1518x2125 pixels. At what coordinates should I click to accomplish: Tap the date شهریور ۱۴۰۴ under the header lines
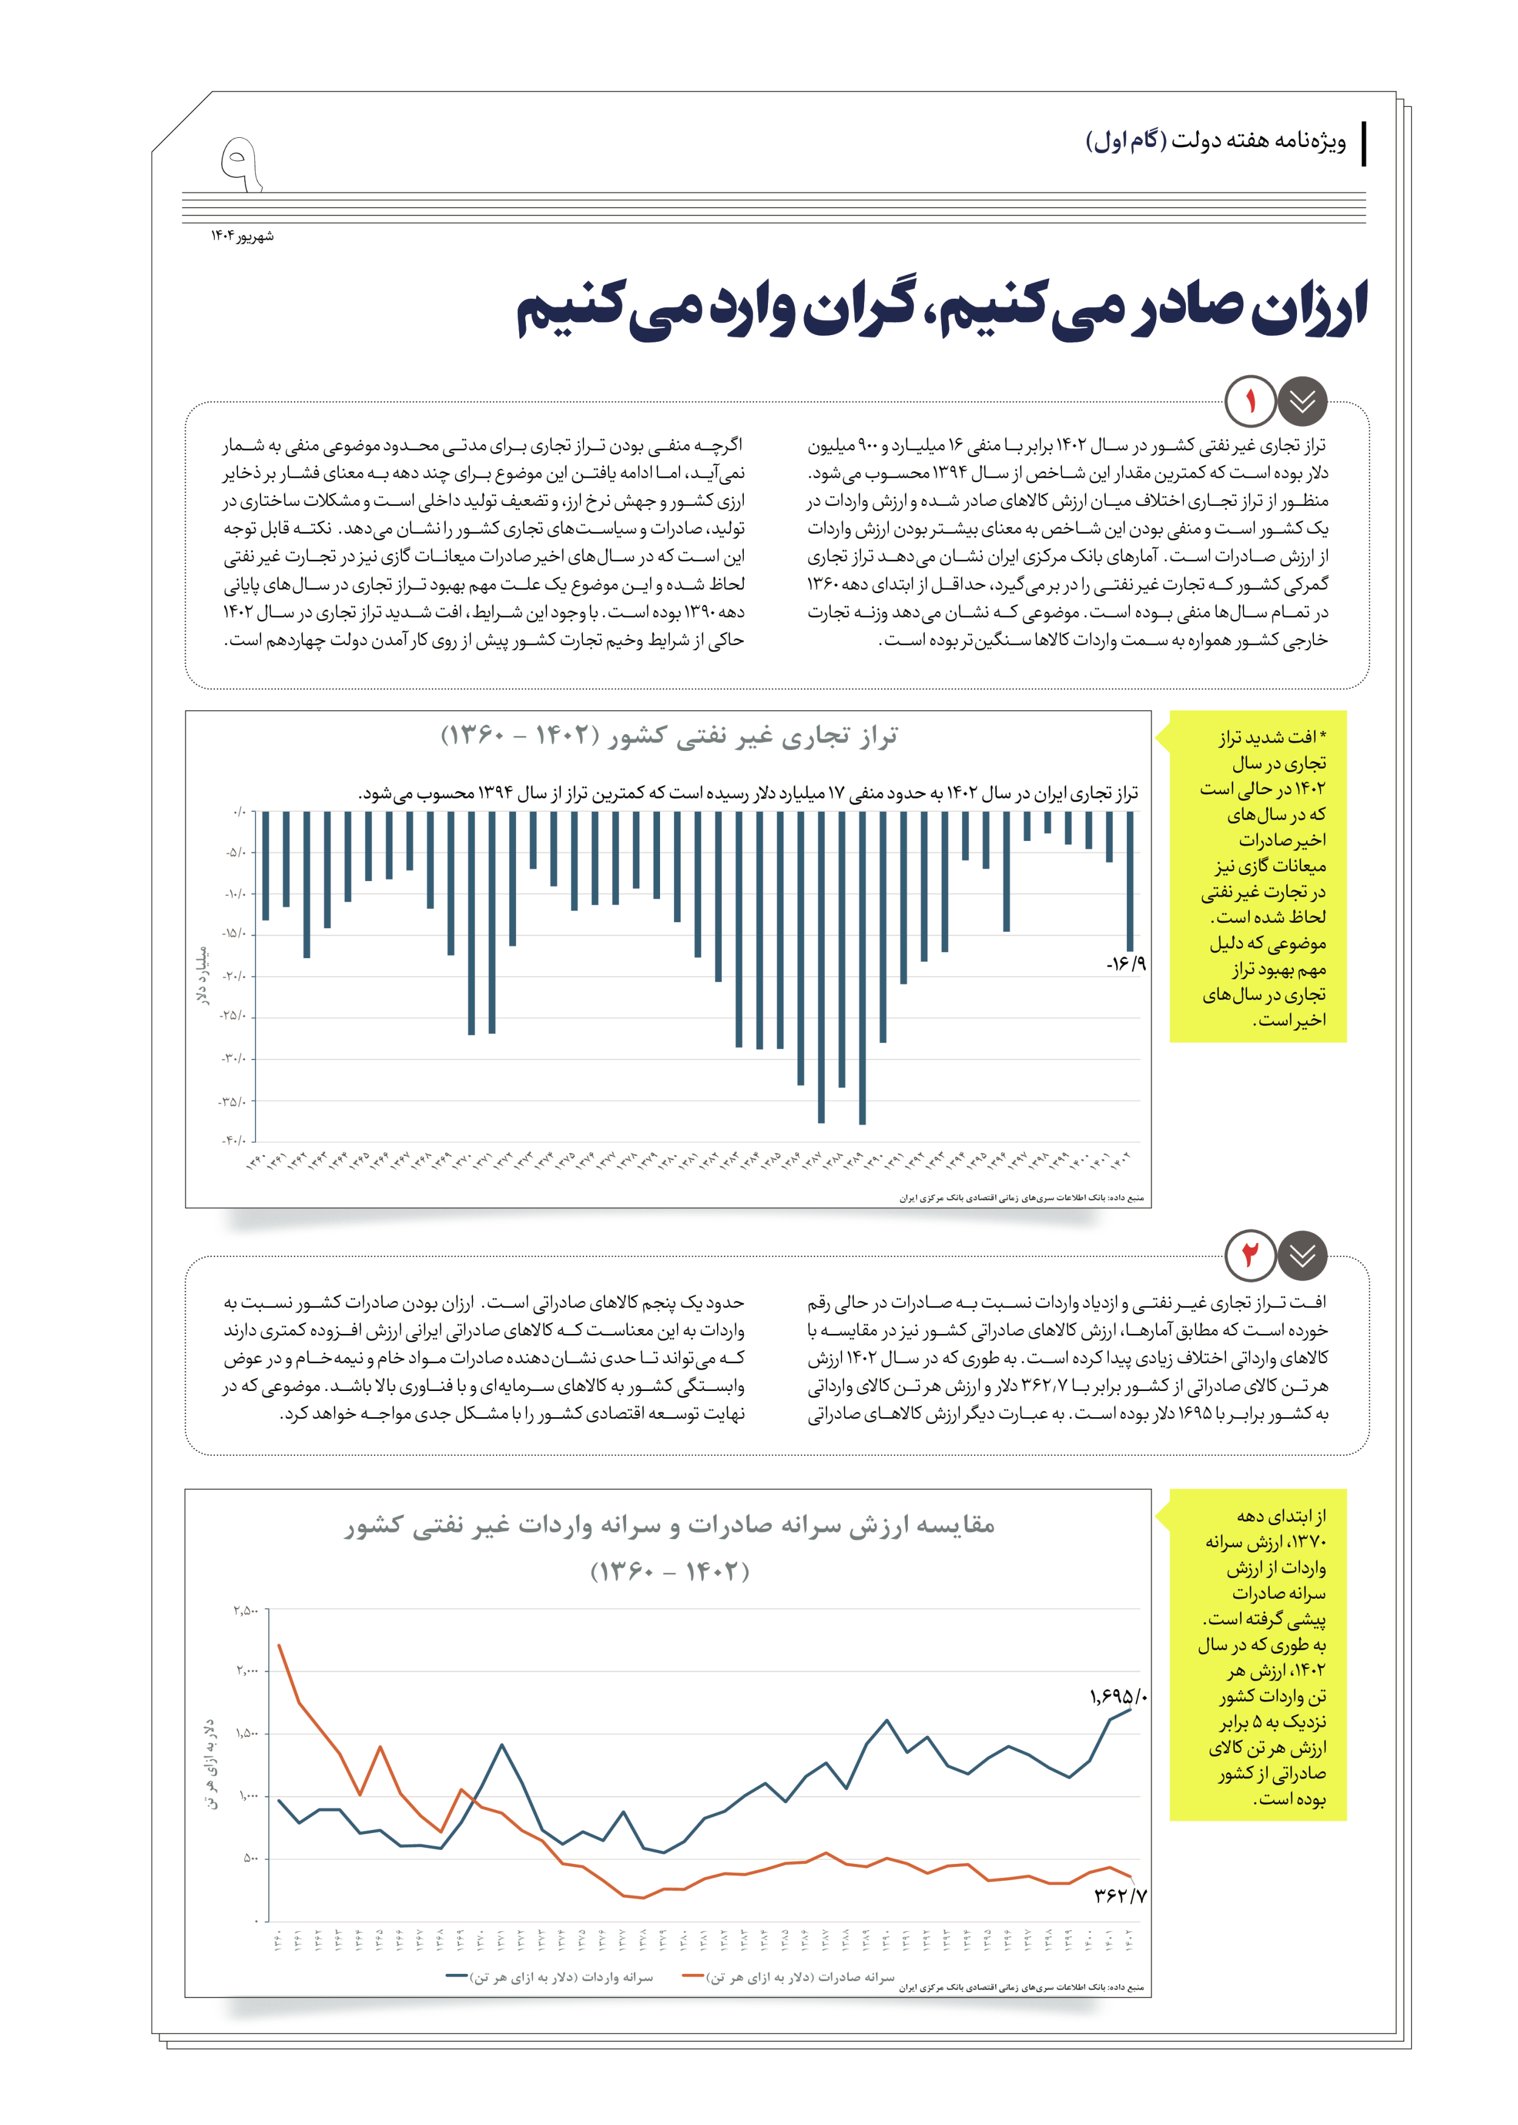point(242,236)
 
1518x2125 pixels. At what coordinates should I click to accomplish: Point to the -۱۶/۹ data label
point(1125,964)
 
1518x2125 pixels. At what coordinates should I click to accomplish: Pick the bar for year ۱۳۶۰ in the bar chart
point(265,865)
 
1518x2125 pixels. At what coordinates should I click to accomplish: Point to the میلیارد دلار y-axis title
point(203,976)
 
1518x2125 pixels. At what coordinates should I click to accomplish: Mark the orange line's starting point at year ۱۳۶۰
point(279,1645)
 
